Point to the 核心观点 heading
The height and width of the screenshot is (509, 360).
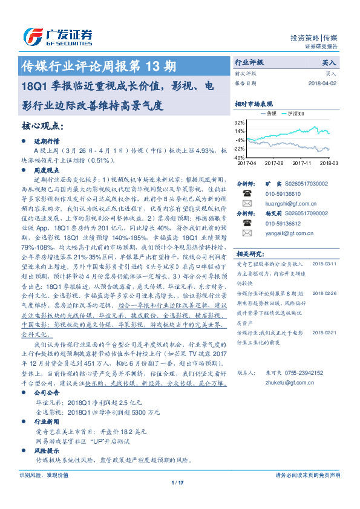(x=42, y=126)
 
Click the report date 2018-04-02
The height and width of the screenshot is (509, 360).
(x=321, y=83)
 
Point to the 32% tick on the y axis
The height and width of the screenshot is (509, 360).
(x=240, y=122)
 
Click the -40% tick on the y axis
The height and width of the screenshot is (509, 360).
(x=239, y=157)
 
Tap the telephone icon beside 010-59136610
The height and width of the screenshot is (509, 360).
(x=246, y=193)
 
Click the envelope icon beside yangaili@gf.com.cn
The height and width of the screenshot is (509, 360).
(x=246, y=232)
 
